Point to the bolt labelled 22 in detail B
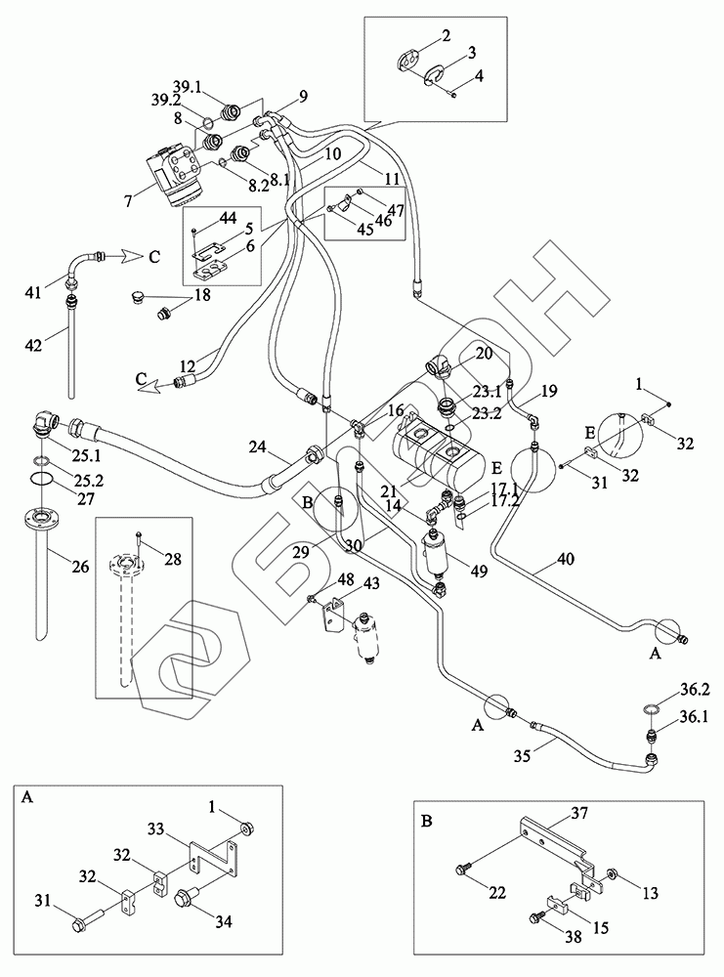[x=462, y=868]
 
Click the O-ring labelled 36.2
[x=651, y=707]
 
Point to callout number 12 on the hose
[x=189, y=365]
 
